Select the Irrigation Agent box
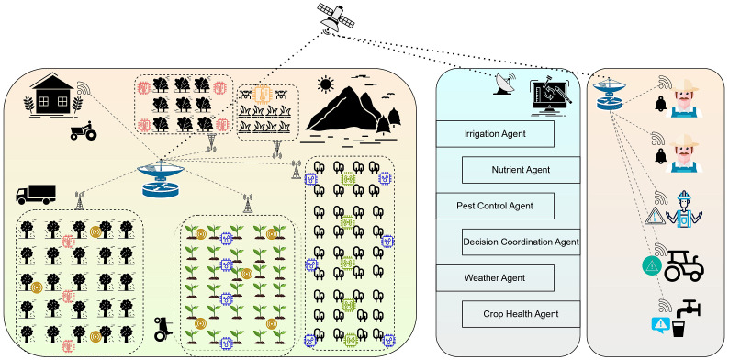tap(495, 134)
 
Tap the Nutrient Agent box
tap(521, 170)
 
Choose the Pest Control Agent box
tap(495, 206)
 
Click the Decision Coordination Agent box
tap(521, 242)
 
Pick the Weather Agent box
tap(495, 278)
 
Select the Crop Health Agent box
tap(521, 314)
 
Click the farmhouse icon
tap(52, 96)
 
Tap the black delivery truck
tap(36, 195)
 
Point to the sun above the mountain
tap(325, 84)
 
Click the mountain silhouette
tap(342, 110)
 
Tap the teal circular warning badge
tap(651, 266)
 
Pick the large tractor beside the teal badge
tap(684, 265)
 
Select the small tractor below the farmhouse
tap(84, 130)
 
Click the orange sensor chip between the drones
tap(264, 95)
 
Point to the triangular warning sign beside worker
tap(656, 217)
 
